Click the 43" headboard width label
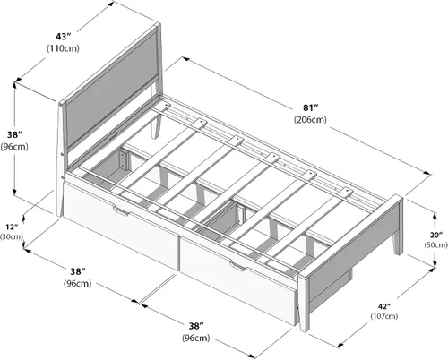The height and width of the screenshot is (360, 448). pos(63,37)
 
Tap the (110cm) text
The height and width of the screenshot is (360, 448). pos(63,48)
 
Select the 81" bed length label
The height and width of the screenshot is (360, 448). pos(310,107)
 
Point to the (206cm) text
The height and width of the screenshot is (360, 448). pos(310,119)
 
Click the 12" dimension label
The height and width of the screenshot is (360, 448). pos(12,227)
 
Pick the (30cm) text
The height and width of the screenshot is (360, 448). pos(12,236)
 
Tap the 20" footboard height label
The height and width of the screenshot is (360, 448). pos(436,236)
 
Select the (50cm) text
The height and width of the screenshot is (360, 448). pos(436,244)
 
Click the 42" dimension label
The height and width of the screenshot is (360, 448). pos(384,306)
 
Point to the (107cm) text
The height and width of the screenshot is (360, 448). pos(384,316)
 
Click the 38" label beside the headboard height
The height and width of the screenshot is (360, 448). pos(14,135)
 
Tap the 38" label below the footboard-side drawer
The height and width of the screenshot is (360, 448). pos(196,326)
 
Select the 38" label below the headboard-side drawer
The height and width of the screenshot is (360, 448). pos(78,271)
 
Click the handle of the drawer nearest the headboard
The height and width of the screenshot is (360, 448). pos(121,210)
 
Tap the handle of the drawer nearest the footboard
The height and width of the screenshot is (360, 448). pos(237,266)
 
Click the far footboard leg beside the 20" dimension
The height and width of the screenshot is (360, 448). pos(397,244)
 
